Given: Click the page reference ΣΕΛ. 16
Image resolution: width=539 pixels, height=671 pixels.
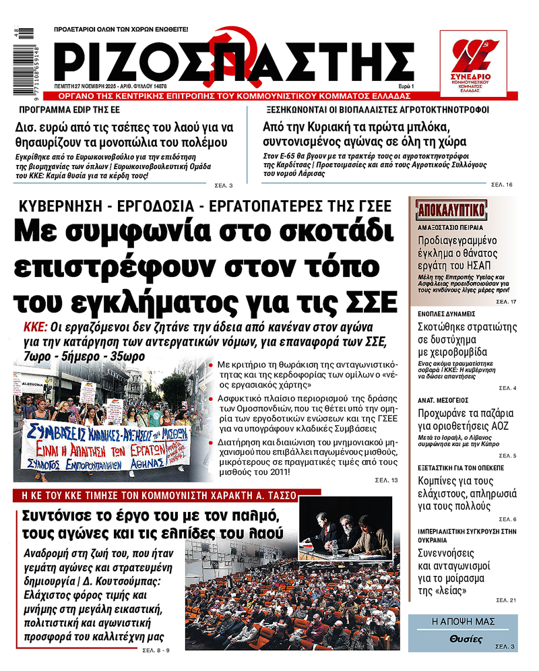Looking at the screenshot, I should pyautogui.click(x=503, y=184).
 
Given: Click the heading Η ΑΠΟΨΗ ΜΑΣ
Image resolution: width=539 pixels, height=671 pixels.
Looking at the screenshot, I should pyautogui.click(x=462, y=620).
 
